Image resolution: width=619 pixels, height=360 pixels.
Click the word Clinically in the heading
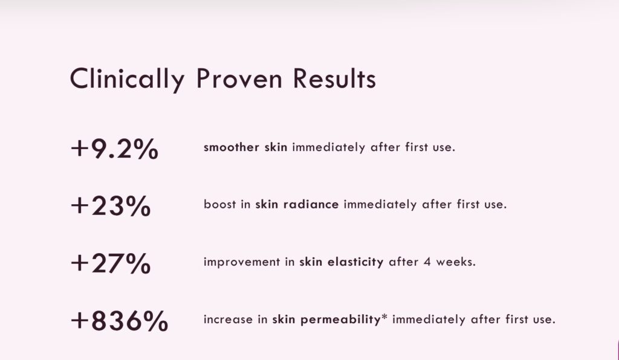[127, 79]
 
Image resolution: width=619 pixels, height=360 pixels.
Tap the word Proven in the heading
[239, 78]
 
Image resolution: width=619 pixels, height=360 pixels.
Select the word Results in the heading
[334, 78]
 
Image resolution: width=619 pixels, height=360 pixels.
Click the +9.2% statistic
[114, 149]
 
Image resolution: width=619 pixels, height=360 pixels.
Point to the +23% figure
[111, 206]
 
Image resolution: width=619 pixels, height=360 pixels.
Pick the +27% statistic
[111, 263]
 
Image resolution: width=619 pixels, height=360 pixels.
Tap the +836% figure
[119, 321]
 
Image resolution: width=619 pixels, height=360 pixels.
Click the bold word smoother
[232, 147]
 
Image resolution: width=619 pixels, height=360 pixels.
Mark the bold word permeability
[340, 320]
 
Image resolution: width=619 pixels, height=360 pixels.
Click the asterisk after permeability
[384, 317]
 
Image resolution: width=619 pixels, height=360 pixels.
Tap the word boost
[219, 204]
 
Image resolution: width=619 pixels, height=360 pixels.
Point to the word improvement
[242, 262]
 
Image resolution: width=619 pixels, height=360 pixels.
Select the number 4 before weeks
[427, 262]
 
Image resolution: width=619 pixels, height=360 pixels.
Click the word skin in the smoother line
[276, 147]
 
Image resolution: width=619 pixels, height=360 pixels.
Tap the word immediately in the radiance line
[380, 205]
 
